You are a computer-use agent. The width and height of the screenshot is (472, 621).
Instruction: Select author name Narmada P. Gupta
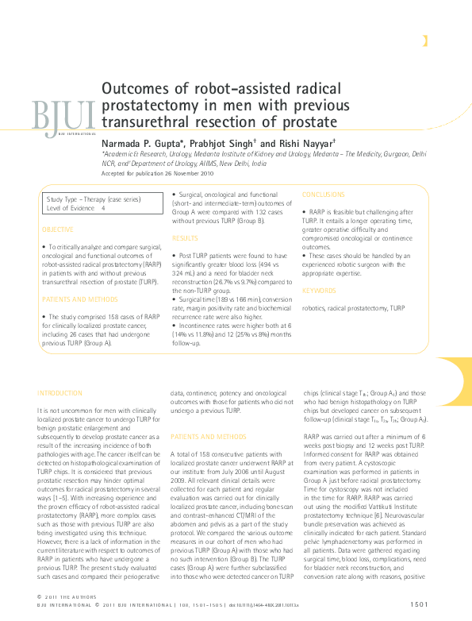click(x=141, y=140)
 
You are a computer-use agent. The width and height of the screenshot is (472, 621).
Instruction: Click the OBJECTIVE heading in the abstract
click(x=57, y=229)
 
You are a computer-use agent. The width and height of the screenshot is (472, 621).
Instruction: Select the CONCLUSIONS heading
click(x=324, y=195)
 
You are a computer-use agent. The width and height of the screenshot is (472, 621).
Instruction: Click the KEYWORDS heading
click(x=319, y=291)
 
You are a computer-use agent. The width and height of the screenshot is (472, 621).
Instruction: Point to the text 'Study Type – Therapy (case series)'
click(x=88, y=199)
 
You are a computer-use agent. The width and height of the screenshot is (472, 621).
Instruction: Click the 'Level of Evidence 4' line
click(x=76, y=207)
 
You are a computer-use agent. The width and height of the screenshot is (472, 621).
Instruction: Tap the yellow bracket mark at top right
click(x=426, y=41)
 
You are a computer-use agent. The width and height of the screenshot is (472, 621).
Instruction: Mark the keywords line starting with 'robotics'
click(x=355, y=307)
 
